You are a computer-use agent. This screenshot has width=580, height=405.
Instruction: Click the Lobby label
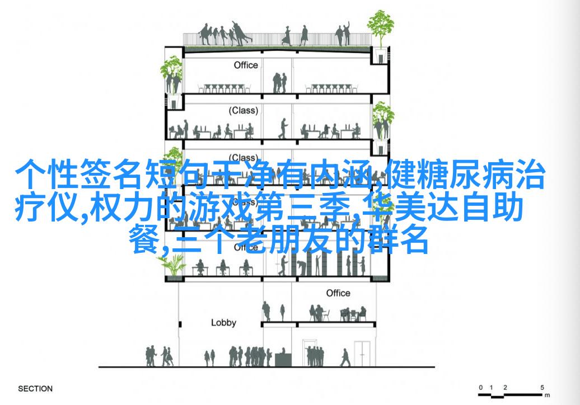[223, 323]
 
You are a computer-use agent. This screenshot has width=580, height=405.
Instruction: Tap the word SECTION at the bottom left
[35, 389]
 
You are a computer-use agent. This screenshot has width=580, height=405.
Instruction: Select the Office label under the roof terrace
[246, 65]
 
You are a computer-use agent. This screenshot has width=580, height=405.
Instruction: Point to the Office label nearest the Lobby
[338, 293]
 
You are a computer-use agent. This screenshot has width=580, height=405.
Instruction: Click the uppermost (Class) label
[244, 111]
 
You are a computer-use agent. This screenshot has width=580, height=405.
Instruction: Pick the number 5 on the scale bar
[542, 388]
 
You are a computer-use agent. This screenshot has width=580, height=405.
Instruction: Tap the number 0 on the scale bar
[480, 388]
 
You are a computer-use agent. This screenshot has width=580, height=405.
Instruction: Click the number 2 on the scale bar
[505, 388]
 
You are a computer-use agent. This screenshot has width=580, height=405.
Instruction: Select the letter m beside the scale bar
[548, 395]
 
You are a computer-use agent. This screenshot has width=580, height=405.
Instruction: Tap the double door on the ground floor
[362, 353]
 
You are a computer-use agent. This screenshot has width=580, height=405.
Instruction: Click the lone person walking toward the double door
[345, 357]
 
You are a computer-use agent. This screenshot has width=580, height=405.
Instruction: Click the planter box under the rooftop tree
[381, 55]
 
